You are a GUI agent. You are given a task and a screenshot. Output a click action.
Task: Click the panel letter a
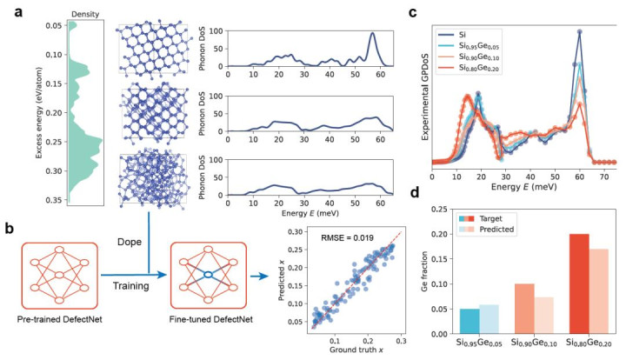tap(11, 11)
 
